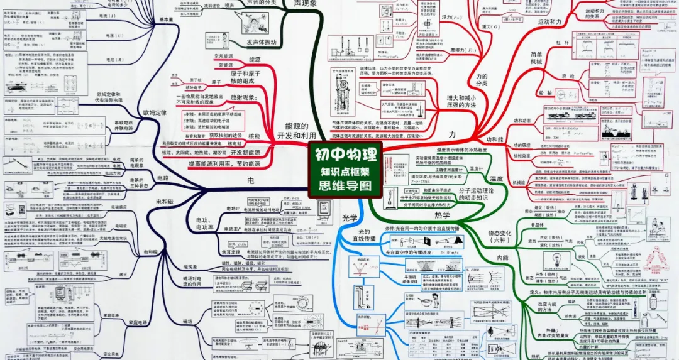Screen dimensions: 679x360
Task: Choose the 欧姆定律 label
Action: coord(155,113)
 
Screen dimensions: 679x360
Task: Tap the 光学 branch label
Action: coord(350,218)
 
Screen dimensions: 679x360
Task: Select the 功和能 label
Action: coord(495,139)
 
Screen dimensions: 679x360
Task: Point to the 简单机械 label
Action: coord(536,58)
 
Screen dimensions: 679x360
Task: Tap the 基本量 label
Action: coord(166,19)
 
